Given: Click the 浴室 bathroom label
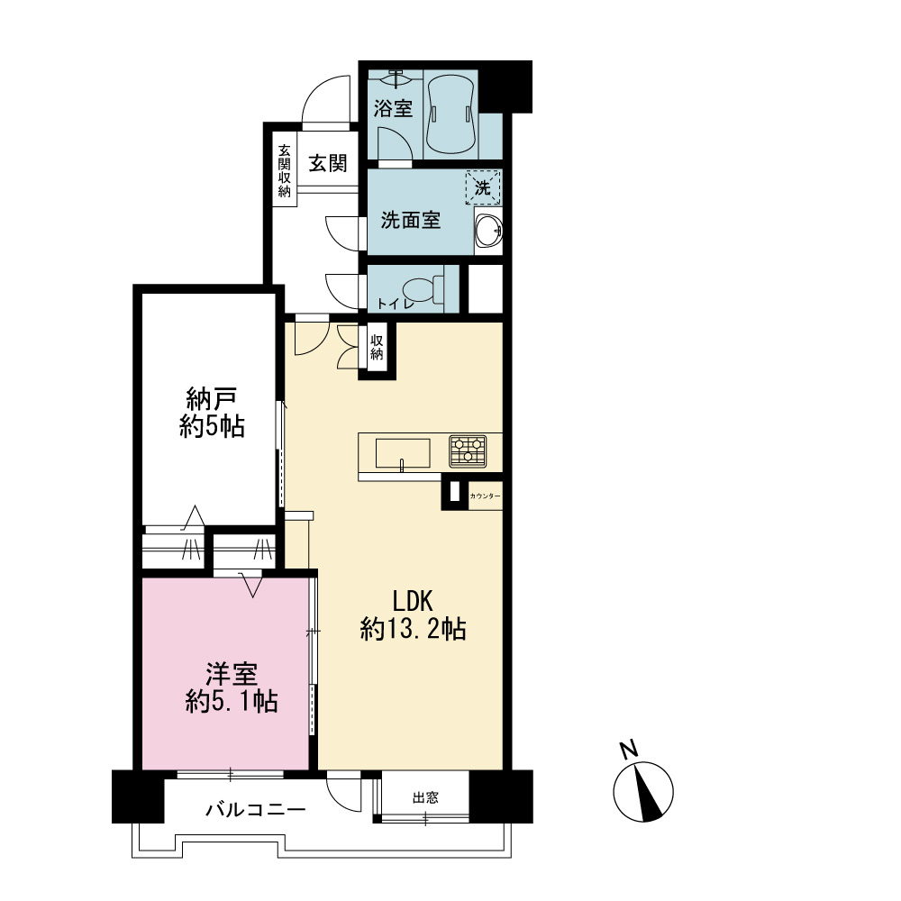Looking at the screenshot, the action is [x=393, y=108].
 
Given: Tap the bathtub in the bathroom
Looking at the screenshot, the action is [x=450, y=114].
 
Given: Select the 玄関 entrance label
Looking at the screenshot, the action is [x=328, y=164].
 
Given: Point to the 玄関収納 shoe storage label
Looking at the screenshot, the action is [x=285, y=170].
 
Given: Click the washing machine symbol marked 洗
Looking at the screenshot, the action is [x=483, y=187].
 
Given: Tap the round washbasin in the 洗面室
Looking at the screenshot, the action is [x=489, y=231].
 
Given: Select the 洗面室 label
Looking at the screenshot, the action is [x=410, y=220].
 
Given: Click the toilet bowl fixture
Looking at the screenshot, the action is [x=423, y=288].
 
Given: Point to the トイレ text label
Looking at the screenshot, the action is [x=395, y=304].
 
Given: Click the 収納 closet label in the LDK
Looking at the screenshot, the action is [x=377, y=347].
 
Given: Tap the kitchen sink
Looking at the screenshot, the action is [x=403, y=453].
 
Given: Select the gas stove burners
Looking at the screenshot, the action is [x=468, y=451].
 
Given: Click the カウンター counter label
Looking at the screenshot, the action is [x=485, y=496].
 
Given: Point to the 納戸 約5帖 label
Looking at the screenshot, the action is [x=212, y=413].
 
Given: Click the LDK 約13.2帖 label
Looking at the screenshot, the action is [x=413, y=615].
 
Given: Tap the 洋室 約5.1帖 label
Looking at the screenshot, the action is [x=232, y=687].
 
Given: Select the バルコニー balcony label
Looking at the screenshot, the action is [x=256, y=810].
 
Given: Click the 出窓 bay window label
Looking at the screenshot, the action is [x=425, y=797].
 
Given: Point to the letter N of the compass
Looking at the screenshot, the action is [x=629, y=750].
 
